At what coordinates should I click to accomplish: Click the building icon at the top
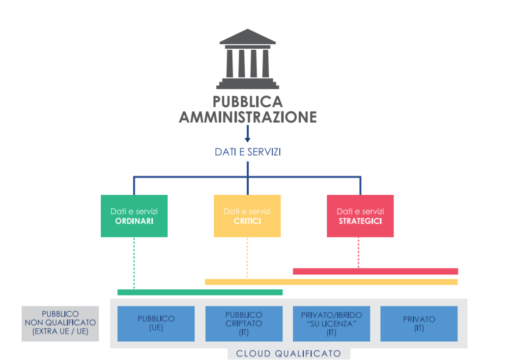point(248,59)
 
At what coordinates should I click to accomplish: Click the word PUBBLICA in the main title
point(248,102)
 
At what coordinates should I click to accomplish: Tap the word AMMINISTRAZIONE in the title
point(248,118)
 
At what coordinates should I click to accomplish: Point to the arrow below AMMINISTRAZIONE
point(248,134)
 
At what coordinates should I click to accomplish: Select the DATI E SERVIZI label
point(248,152)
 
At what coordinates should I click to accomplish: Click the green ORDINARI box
point(134,216)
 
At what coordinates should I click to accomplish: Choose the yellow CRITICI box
point(247,216)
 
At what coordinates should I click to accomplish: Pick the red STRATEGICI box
point(360,216)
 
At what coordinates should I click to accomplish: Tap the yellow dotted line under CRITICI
point(247,258)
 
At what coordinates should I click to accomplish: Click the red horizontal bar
point(375,271)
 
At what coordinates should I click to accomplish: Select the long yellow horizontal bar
point(331,282)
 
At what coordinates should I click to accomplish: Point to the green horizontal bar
point(200,292)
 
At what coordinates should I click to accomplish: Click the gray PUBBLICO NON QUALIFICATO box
point(60,324)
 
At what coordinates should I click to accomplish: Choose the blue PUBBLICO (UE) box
point(156,324)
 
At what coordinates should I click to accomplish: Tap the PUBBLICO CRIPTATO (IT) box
point(244,324)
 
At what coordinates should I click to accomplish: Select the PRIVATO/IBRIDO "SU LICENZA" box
point(331,324)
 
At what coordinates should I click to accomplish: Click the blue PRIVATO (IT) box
point(419,324)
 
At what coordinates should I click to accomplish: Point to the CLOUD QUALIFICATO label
point(289,354)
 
